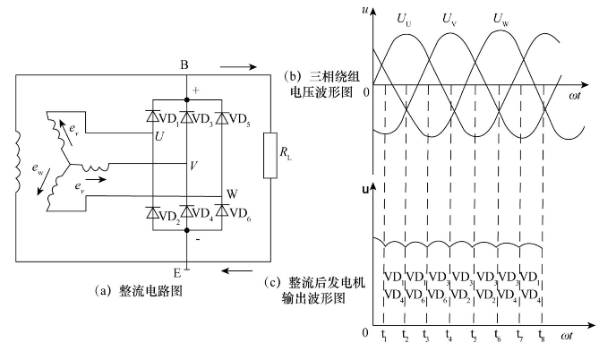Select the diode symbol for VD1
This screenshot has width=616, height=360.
point(153,117)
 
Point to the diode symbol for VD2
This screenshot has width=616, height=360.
point(153,211)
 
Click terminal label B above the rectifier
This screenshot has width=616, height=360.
point(183,64)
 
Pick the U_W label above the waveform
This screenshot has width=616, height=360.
point(501,17)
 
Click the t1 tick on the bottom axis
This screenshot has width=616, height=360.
point(384,339)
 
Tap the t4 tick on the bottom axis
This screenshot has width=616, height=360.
point(449,339)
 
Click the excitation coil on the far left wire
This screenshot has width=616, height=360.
point(16,164)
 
